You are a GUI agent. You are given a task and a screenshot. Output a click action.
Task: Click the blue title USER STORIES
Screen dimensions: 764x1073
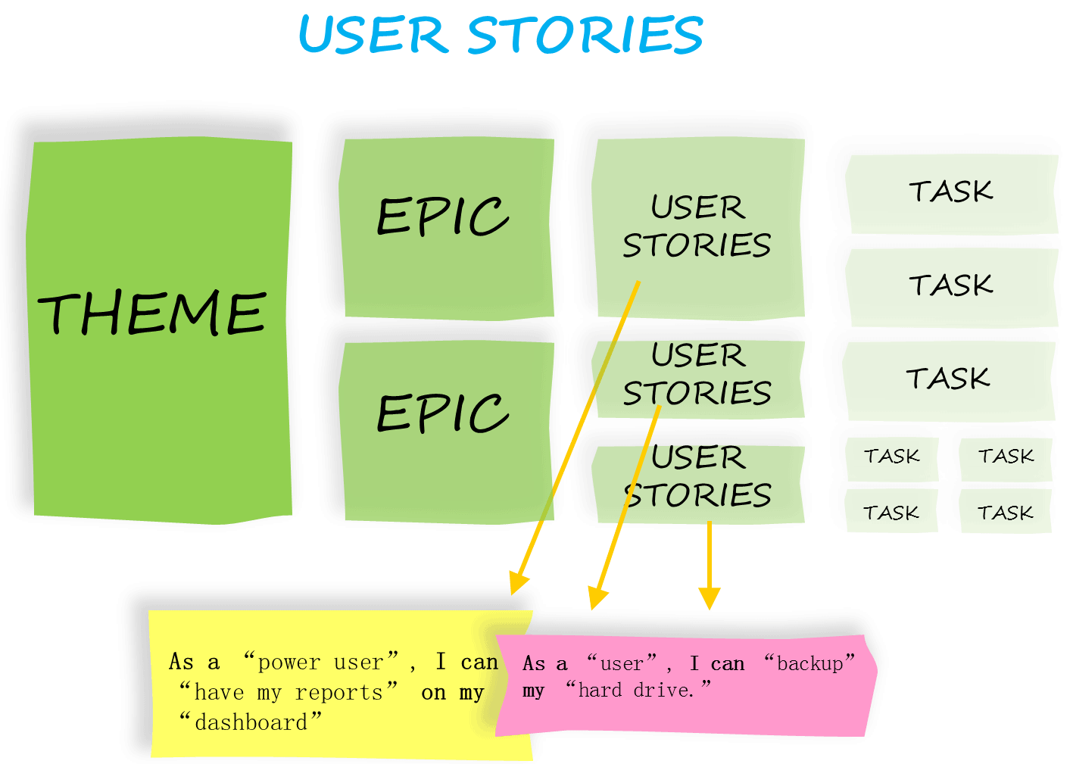[x=501, y=36]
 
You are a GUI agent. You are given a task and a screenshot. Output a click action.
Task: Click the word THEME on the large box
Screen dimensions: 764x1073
[x=152, y=313]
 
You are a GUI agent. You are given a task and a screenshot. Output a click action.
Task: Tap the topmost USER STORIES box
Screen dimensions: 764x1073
[x=697, y=226]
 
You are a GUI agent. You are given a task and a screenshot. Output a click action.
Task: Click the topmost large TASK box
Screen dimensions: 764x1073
[x=951, y=192]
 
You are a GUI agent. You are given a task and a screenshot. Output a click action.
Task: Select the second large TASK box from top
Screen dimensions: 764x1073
[x=951, y=286]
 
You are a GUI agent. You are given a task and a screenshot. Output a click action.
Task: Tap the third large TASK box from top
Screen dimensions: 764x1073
[x=948, y=379]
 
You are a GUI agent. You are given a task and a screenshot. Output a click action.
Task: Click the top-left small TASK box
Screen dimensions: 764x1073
[x=892, y=457]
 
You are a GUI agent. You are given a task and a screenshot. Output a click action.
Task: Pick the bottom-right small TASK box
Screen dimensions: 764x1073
[x=1005, y=513]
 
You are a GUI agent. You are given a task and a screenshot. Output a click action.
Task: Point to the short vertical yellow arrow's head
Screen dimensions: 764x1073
[x=709, y=600]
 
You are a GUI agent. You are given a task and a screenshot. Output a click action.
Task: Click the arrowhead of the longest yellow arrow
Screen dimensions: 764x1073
[x=518, y=585]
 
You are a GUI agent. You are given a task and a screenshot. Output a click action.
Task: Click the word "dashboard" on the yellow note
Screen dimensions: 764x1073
[x=251, y=722]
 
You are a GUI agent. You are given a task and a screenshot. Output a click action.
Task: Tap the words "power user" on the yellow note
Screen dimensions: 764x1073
[x=320, y=663]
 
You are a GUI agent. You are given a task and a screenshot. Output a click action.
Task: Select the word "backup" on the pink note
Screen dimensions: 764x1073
[x=809, y=663]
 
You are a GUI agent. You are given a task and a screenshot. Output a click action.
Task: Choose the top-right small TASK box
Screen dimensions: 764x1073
[x=1006, y=457]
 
